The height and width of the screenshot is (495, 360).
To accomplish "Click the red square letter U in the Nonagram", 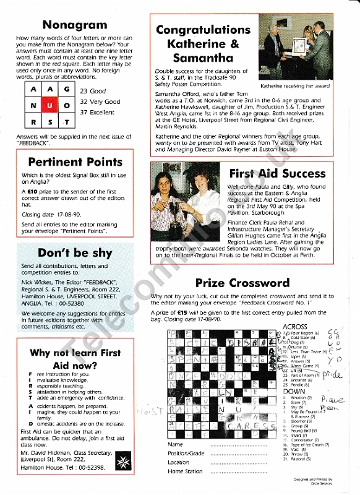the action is pyautogui.click(x=49, y=106).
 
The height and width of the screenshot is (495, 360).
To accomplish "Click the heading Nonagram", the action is pyautogui.click(x=75, y=25).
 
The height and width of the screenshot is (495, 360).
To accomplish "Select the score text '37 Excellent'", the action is pyautogui.click(x=100, y=113).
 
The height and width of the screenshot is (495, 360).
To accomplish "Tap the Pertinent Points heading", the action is pyautogui.click(x=75, y=163).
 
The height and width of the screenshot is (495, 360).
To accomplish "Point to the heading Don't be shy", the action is pyautogui.click(x=75, y=252).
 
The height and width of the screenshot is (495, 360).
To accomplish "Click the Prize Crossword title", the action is pyautogui.click(x=242, y=283).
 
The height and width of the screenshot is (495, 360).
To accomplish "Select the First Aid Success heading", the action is pyautogui.click(x=276, y=174).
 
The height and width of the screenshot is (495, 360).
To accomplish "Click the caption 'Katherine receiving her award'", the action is pyautogui.click(x=295, y=86).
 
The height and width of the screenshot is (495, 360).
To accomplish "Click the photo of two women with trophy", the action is pyautogui.click(x=187, y=200).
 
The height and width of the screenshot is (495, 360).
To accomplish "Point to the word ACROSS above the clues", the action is pyautogui.click(x=294, y=327).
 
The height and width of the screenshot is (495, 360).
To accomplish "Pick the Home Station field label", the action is pyautogui.click(x=185, y=471).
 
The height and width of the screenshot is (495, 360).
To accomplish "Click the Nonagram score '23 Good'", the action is pyautogui.click(x=93, y=91).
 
